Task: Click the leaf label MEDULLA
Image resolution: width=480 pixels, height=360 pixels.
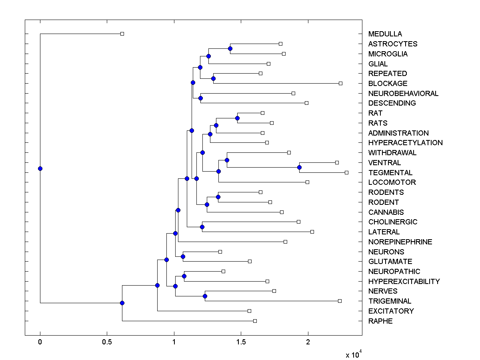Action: pos(385,34)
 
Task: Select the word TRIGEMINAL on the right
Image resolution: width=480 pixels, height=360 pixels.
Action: pos(390,301)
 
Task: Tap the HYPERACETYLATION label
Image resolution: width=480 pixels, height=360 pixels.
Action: pos(405,143)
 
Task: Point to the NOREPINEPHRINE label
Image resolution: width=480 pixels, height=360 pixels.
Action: pos(400,242)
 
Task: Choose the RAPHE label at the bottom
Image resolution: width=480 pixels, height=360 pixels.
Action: pos(380,321)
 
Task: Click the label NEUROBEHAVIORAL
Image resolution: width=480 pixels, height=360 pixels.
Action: pos(403,94)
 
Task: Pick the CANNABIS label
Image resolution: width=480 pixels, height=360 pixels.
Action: pos(386,212)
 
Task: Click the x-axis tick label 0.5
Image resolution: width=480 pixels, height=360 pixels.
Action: pos(107,342)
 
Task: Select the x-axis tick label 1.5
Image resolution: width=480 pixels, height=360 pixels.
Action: pos(241,342)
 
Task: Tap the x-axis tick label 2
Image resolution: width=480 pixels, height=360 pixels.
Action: pos(308,342)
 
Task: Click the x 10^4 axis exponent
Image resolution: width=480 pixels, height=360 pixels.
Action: pos(354,354)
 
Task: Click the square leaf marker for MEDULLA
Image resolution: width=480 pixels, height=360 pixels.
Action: pos(122,34)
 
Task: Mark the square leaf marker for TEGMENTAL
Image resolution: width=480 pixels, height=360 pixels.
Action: pos(346,172)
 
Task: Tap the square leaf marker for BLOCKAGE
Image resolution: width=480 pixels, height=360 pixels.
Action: pos(340,83)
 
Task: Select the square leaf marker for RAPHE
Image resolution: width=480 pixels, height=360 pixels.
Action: pos(255,321)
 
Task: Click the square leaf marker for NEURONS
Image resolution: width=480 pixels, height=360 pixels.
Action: pos(220,252)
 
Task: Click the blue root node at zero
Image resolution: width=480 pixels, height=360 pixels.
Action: pos(40,168)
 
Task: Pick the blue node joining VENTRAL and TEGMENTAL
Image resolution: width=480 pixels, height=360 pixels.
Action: pos(299,167)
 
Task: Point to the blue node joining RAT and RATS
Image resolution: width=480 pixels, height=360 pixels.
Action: pos(237,118)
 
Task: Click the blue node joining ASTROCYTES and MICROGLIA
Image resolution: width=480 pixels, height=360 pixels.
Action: pos(230,48)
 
